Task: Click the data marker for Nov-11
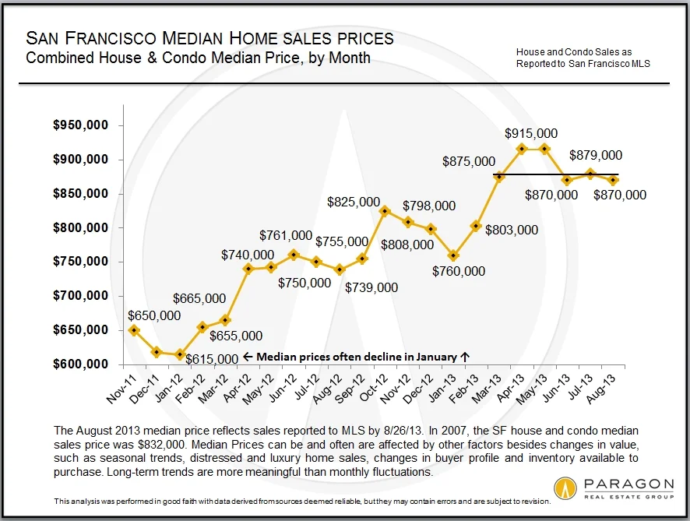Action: [x=134, y=330]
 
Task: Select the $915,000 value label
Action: [x=531, y=134]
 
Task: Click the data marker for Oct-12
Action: [x=384, y=211]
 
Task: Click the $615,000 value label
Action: [x=211, y=358]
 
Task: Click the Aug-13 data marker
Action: [x=614, y=180]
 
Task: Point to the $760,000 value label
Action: [x=458, y=271]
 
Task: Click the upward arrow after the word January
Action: [x=465, y=357]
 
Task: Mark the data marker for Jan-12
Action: [x=180, y=354]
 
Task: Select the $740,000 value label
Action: [x=247, y=254]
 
